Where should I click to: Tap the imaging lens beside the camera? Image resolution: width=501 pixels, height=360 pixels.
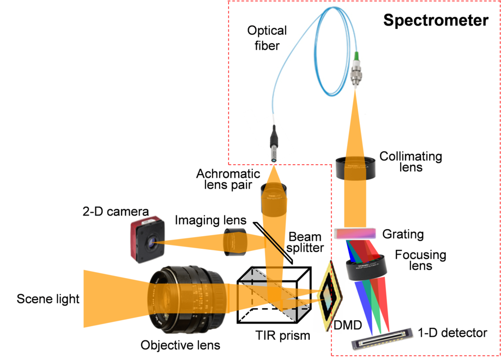236,242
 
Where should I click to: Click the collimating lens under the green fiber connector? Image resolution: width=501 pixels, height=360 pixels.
356,168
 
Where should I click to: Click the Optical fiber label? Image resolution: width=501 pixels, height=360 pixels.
268,38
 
